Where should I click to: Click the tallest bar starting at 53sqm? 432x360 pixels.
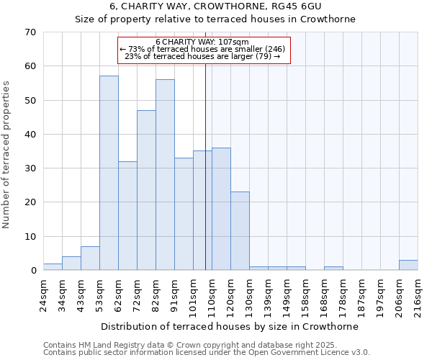coord(109,173)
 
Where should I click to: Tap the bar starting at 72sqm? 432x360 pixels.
coord(146,190)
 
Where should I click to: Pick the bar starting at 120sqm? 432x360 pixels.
coord(240,231)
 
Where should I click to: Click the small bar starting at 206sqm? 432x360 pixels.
coord(408,265)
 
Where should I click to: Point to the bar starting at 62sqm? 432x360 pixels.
coord(127,216)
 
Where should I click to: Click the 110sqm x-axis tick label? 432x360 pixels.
coord(212,296)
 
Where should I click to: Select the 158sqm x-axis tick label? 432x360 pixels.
coord(306,296)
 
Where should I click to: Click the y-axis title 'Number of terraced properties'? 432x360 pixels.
coord(8,155)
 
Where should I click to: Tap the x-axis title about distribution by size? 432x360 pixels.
coord(230,326)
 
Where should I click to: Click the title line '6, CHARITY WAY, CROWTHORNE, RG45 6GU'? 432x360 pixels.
coord(215,6)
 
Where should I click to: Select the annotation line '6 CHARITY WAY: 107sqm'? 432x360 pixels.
coord(202,42)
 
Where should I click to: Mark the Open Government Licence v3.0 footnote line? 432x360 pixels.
coord(207,353)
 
